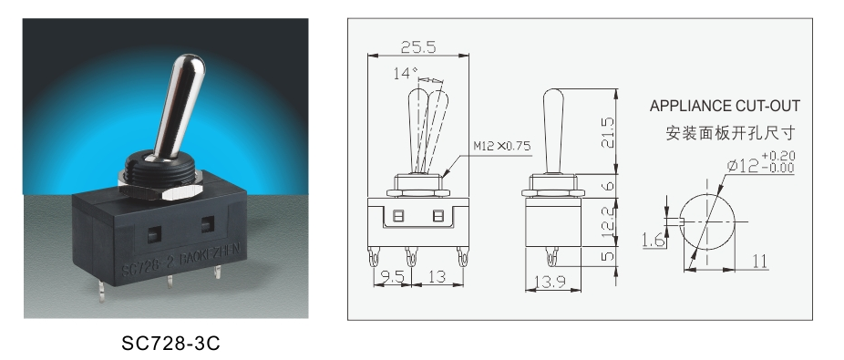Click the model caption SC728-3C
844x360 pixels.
pos(171,345)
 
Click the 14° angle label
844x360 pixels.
pos(405,73)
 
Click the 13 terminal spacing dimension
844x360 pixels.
pos(437,275)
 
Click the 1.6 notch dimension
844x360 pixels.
pos(652,241)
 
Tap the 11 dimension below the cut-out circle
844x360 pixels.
pos(758,262)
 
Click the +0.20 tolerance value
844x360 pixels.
pos(777,155)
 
